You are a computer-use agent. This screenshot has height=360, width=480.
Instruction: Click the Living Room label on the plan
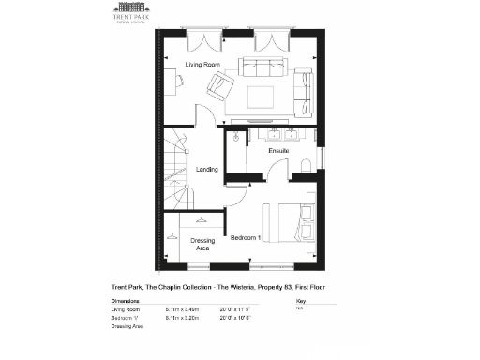click(x=202, y=64)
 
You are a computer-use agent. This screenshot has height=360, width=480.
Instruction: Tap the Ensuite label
click(x=278, y=150)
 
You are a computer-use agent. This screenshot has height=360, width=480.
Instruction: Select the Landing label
click(x=206, y=170)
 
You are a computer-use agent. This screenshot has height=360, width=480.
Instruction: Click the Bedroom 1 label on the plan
click(x=247, y=236)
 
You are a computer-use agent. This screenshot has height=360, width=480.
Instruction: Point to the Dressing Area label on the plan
click(x=202, y=245)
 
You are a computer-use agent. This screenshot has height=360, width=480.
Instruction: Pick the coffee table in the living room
click(x=259, y=96)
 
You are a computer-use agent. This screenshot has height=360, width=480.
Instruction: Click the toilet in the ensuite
click(x=305, y=165)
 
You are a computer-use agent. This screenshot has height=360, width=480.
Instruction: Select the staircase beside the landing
click(x=176, y=159)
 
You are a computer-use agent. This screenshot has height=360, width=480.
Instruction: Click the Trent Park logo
click(x=120, y=18)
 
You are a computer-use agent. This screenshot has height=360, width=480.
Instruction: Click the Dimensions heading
click(x=125, y=301)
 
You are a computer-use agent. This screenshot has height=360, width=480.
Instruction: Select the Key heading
click(x=300, y=301)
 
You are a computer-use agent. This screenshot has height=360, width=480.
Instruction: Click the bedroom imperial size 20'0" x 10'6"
click(x=234, y=317)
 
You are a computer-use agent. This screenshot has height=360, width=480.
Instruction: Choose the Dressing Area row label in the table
click(x=127, y=325)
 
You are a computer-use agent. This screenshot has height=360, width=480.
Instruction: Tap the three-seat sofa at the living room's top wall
click(x=262, y=67)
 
